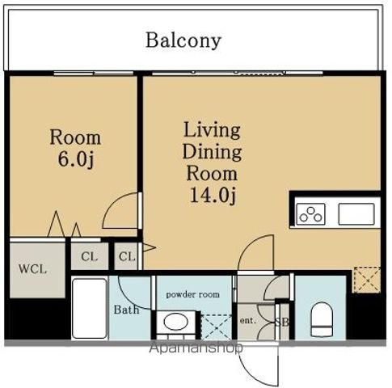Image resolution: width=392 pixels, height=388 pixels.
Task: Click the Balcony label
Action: coord(183,40)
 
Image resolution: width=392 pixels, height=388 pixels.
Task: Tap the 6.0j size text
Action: coord(76,159)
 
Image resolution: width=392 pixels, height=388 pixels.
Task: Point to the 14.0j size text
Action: coord(213,195)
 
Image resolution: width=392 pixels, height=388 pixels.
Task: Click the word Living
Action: coord(212,132)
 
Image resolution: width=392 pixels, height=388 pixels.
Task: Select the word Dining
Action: coord(212,152)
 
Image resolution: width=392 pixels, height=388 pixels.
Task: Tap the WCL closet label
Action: coord(32,268)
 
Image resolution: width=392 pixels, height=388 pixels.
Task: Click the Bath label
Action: coord(126,310)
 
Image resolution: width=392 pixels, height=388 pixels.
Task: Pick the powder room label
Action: coord(192,294)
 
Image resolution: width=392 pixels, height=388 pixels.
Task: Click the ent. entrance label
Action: coord(247,321)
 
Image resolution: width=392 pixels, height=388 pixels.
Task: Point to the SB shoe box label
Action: coord(282,322)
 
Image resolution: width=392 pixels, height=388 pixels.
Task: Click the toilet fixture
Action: coord(322,319)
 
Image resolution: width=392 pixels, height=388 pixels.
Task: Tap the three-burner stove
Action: coord(310,214)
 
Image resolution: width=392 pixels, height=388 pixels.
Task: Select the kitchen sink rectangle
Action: coord(356,214)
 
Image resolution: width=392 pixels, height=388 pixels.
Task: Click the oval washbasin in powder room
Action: coord(175,322)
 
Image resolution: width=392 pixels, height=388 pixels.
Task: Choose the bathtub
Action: coord(90,308)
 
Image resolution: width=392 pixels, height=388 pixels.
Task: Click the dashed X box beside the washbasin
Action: coord(217,327)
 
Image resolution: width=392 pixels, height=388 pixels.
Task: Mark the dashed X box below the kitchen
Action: coord(367,280)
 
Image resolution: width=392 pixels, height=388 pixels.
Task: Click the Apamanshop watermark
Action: coord(196,348)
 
